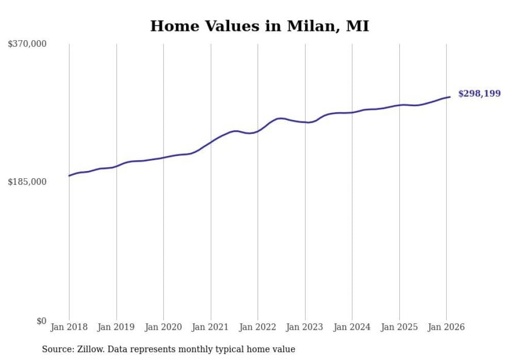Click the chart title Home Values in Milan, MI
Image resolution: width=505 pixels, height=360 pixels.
click(x=259, y=26)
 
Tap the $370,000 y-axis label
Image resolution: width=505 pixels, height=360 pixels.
click(x=27, y=44)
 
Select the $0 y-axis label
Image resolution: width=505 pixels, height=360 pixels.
click(x=41, y=321)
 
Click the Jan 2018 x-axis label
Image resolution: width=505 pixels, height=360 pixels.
click(x=69, y=327)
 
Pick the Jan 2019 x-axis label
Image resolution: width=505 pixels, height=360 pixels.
click(x=116, y=327)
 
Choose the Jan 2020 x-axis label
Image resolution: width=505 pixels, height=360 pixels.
click(x=163, y=327)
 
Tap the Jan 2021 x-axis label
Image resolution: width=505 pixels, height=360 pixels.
click(x=211, y=327)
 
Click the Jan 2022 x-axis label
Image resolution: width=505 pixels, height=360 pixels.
click(x=258, y=327)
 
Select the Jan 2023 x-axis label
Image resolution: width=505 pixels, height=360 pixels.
click(x=305, y=327)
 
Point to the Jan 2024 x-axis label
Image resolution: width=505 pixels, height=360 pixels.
click(x=352, y=327)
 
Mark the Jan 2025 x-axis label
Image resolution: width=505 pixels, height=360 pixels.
click(x=399, y=327)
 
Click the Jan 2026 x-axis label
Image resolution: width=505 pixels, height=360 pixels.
click(x=446, y=327)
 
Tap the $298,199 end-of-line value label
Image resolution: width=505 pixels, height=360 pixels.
click(x=479, y=94)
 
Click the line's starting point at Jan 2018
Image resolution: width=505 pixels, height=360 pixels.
click(x=69, y=176)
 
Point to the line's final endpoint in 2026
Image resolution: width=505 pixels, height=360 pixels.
click(x=450, y=97)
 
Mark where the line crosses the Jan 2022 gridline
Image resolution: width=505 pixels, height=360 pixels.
click(x=258, y=131)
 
